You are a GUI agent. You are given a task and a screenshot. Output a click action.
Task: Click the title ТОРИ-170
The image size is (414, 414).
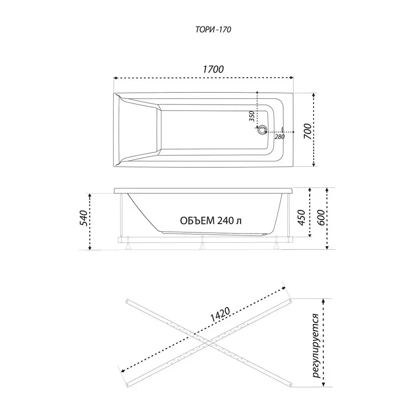coord(213,29)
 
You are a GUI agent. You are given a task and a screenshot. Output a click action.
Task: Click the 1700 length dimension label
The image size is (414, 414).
coord(213,69)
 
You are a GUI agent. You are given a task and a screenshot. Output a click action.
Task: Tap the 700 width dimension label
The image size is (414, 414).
coord(307,131)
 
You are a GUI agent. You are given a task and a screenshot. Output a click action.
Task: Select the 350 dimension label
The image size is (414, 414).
coord(252,116)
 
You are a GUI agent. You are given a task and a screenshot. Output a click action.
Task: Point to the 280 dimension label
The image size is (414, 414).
coord(280,137)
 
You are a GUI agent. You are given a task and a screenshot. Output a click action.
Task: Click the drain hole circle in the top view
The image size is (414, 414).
coord(262,130)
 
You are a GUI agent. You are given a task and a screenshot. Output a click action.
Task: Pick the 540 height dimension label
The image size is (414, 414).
coord(84,218)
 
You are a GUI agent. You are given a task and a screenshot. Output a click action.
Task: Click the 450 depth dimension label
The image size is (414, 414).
coord(301,218)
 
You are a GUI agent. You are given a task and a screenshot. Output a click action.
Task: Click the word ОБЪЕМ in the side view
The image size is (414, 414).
coord(197,221)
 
